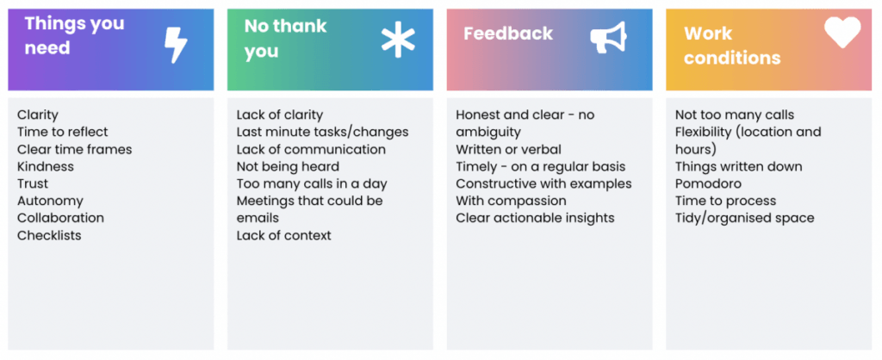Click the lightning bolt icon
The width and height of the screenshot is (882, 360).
[176, 46]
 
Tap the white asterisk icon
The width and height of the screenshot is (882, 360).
[398, 41]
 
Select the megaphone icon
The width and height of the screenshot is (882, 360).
[608, 38]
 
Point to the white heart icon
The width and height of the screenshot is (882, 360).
[842, 32]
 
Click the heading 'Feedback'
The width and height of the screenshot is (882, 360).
[508, 34]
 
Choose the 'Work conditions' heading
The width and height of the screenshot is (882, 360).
[732, 46]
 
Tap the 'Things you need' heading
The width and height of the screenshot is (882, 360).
[74, 35]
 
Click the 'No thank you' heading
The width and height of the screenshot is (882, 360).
[285, 38]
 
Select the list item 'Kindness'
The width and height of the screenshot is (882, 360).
[46, 166]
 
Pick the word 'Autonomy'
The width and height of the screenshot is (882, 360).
[50, 201]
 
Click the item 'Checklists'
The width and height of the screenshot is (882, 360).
[49, 235]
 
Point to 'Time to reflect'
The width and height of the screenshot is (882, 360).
[62, 132]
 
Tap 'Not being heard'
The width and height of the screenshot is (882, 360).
[288, 166]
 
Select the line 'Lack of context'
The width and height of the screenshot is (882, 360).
[284, 235]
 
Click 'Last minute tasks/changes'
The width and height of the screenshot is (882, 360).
[322, 132]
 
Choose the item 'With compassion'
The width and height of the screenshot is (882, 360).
[512, 201]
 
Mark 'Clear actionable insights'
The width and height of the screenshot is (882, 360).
[536, 218]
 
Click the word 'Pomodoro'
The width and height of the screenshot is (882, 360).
[708, 184]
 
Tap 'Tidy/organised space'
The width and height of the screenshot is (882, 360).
[745, 218]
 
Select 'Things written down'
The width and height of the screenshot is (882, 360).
[739, 166]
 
